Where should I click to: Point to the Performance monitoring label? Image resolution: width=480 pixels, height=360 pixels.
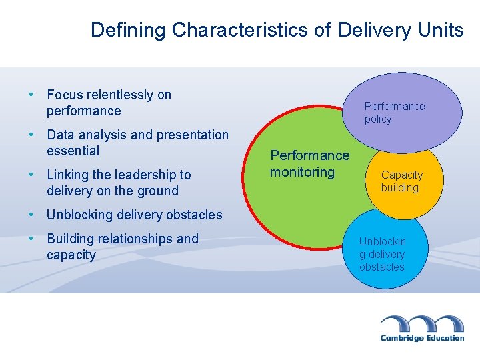(x=309, y=164)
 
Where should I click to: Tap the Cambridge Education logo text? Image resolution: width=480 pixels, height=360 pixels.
(x=422, y=338)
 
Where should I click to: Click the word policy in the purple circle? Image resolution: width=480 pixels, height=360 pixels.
(x=378, y=119)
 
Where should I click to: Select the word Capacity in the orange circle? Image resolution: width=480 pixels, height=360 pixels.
(x=402, y=175)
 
